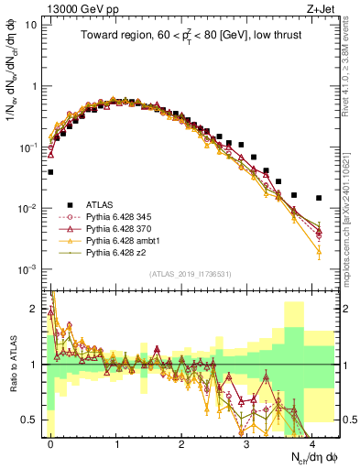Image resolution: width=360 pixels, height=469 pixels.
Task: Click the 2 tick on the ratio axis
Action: tap(35, 309)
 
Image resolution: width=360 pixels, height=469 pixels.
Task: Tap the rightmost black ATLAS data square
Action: tap(318, 198)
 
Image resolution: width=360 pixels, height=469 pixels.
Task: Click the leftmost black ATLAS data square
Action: tap(51, 171)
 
